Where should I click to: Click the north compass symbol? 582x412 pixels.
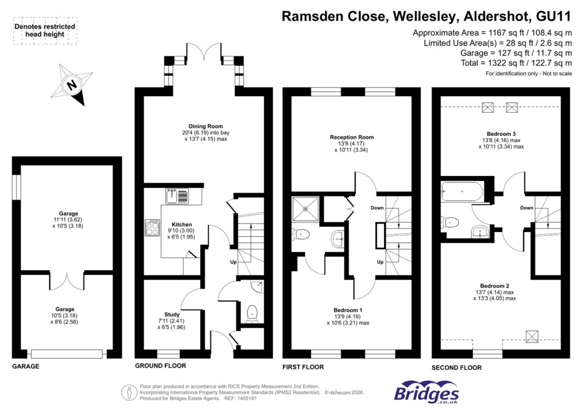coord(73,85)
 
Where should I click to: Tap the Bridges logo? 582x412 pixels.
coord(426,393)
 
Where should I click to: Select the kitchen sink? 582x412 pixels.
coord(178,196)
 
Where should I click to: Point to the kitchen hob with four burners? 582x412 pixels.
coord(152,228)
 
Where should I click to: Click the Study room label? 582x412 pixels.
coord(172,314)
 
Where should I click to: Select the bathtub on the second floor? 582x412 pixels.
coord(462,192)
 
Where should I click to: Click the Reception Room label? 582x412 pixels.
coord(352,137)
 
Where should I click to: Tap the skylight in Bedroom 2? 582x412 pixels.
coord(533,335)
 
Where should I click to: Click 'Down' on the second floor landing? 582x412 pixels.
coord(526,208)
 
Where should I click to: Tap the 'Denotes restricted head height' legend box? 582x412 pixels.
coord(44,31)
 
